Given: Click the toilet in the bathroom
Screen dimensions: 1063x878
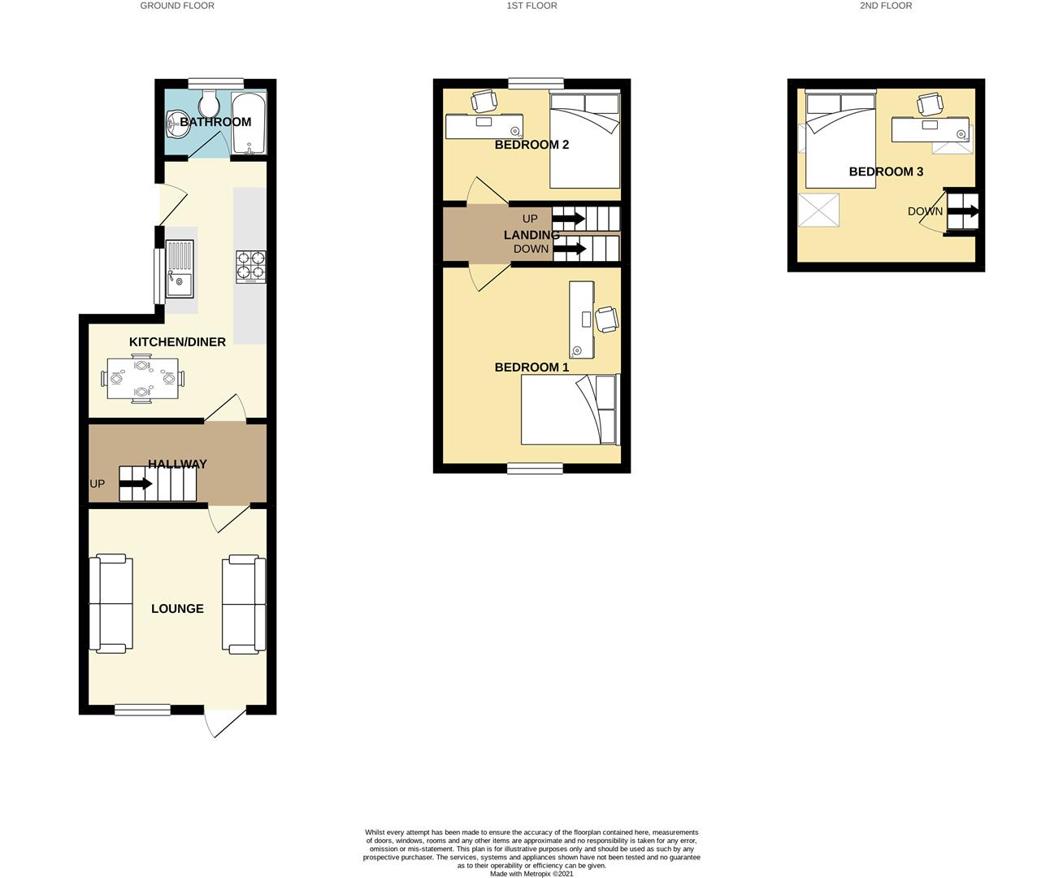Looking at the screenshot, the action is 209,103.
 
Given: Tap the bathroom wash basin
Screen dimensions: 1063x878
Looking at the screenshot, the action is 178,124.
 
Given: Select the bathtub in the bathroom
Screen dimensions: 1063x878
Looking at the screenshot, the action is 249,123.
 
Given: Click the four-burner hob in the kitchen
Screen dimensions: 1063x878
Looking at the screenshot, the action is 250,267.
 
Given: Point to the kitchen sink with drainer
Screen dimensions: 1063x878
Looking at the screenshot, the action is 180,269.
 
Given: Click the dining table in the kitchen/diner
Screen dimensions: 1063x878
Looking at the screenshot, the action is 142,379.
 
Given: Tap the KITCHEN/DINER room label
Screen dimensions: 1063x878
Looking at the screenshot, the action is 177,341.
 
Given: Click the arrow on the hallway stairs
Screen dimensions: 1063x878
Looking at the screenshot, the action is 136,484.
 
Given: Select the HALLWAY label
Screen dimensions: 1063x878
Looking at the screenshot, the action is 177,464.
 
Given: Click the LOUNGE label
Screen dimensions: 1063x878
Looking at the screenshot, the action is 177,609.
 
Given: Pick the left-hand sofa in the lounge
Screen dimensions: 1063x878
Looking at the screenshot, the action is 111,604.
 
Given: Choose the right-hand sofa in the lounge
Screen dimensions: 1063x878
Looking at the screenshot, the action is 244,604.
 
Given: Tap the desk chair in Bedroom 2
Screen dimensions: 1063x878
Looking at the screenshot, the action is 483,101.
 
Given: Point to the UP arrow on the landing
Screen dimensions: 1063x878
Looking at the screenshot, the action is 568,219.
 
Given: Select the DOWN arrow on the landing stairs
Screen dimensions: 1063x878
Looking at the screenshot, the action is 569,249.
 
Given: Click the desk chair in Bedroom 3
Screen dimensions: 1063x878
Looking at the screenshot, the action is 930,104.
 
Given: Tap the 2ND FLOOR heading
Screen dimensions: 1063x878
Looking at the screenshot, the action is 886,6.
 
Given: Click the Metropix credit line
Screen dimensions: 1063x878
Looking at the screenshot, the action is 531,873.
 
